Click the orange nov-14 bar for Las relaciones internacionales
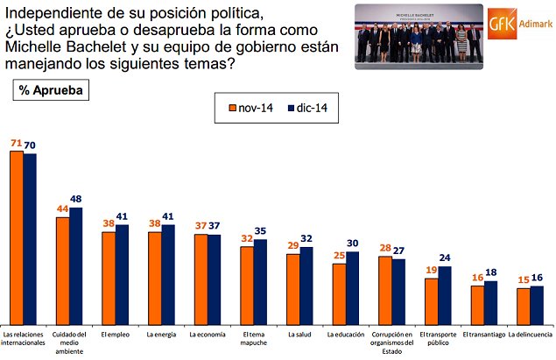coord(16,236)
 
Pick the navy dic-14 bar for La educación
coord(352,286)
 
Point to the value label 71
coord(16,142)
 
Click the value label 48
coord(76,198)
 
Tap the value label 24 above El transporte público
coord(444,258)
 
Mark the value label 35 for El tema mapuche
coord(260,231)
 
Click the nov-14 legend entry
coord(248,109)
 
